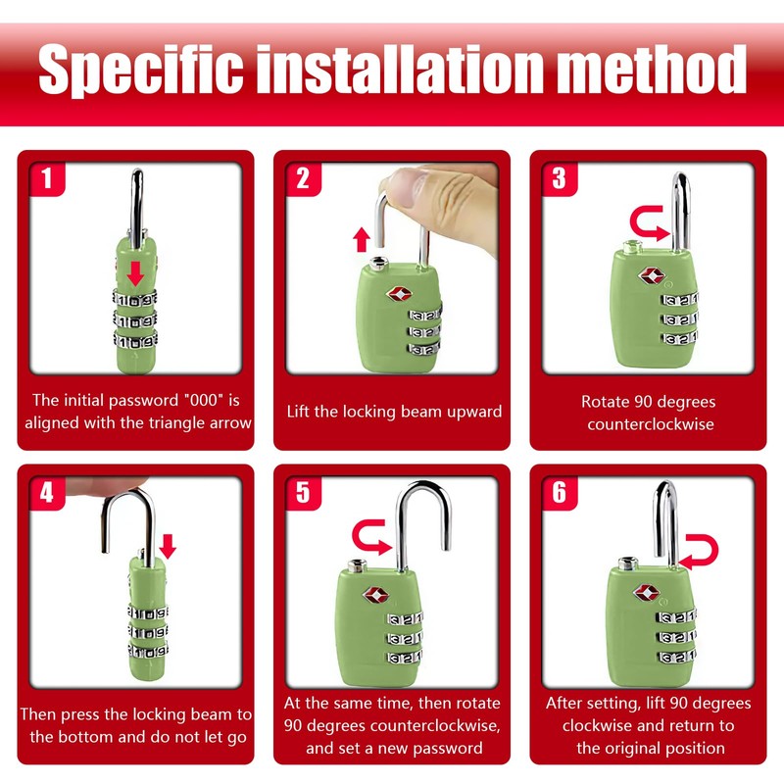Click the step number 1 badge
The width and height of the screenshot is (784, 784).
(x=47, y=179)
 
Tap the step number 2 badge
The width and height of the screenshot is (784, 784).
(x=304, y=179)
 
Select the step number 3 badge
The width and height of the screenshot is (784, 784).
(x=560, y=179)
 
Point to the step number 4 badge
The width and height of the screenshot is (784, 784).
(x=47, y=494)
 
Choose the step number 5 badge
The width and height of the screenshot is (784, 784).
(x=304, y=494)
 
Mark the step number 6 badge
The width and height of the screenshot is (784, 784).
(x=560, y=494)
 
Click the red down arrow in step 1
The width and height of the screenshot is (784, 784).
(x=135, y=273)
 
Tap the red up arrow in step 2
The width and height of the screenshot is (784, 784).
(x=362, y=239)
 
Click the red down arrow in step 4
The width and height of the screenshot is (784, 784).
(x=168, y=546)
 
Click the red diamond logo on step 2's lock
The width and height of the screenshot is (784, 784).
(x=399, y=293)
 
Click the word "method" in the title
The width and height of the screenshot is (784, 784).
(x=651, y=69)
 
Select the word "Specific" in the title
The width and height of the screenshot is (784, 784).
(x=141, y=71)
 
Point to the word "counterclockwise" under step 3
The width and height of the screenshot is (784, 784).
(x=651, y=424)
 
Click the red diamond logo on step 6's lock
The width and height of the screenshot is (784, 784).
(x=647, y=593)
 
